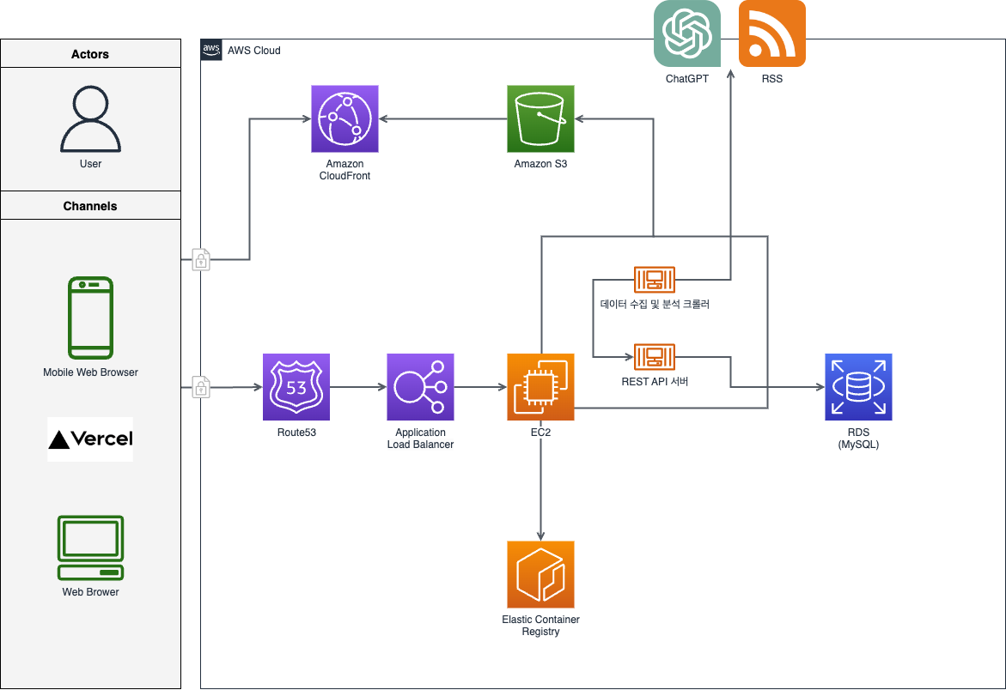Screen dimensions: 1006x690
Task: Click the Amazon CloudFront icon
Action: [x=344, y=118]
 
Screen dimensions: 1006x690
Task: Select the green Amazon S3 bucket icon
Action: [x=540, y=118]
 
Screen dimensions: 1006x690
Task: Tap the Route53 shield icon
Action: [x=296, y=387]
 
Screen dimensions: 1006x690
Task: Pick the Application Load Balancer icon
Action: [x=420, y=387]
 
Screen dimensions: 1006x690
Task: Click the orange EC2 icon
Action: [x=540, y=387]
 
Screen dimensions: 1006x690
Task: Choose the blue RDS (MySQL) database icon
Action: [x=858, y=387]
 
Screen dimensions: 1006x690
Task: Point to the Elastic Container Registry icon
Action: [x=540, y=574]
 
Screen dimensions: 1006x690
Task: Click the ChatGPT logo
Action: [x=687, y=33]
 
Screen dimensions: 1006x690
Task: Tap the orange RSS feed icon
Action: [x=771, y=33]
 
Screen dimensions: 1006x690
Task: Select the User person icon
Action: [x=90, y=119]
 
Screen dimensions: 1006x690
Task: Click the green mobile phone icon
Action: [x=90, y=318]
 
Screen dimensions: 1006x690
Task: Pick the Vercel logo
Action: [x=90, y=439]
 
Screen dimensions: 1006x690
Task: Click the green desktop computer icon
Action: [x=90, y=548]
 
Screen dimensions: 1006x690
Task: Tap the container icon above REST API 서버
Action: [x=655, y=357]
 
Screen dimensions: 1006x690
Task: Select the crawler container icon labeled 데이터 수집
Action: [x=655, y=279]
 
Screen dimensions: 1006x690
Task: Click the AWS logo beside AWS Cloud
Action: [x=211, y=49]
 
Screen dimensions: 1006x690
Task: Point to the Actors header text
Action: [x=90, y=54]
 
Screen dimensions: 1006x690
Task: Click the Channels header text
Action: [x=90, y=206]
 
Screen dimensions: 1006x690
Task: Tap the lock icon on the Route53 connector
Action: [x=201, y=387]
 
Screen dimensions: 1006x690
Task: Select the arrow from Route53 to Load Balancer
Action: [x=358, y=387]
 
